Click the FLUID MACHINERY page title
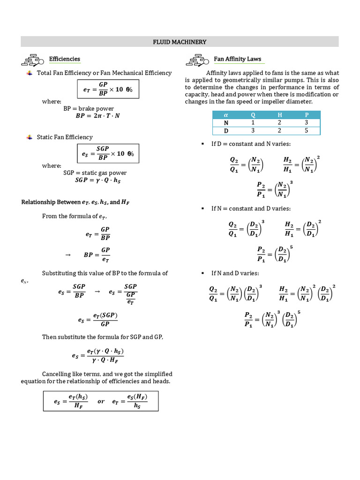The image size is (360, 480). pyautogui.click(x=180, y=42)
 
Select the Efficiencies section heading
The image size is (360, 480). pyautogui.click(x=65, y=59)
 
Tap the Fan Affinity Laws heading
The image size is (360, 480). pyautogui.click(x=237, y=59)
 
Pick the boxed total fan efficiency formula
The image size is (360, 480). pyautogui.click(x=108, y=90)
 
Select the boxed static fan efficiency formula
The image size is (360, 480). pyautogui.click(x=108, y=153)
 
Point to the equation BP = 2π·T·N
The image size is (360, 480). pyautogui.click(x=97, y=116)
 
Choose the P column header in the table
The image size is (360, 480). pyautogui.click(x=307, y=115)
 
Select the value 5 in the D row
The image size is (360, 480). pyautogui.click(x=307, y=131)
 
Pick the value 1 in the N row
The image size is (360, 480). pyautogui.click(x=253, y=123)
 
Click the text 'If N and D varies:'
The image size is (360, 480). pyautogui.click(x=235, y=273)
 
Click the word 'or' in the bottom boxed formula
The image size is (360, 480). pyautogui.click(x=101, y=401)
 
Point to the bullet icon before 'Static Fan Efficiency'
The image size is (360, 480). pyautogui.click(x=30, y=137)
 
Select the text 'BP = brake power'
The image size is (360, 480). pyautogui.click(x=89, y=108)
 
